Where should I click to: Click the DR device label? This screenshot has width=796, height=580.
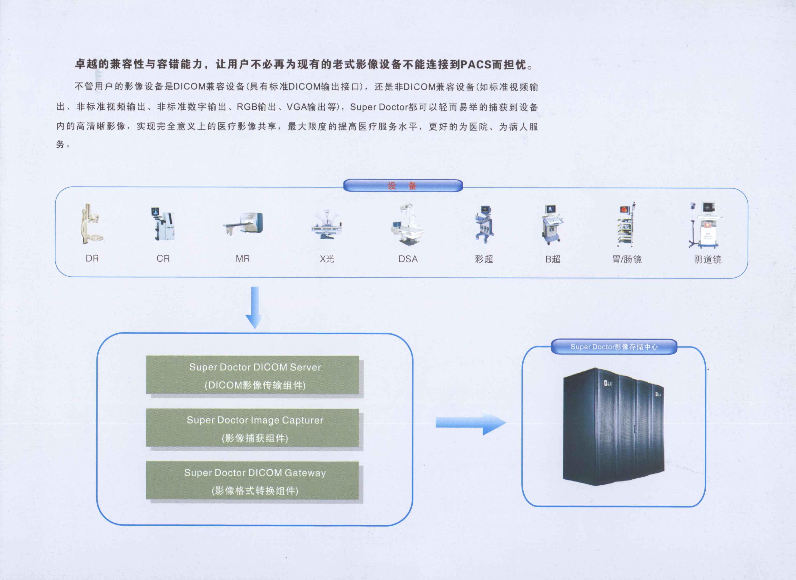(x=92, y=258)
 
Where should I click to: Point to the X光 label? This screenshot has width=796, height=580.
(x=326, y=259)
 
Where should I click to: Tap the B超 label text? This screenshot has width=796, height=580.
(x=553, y=259)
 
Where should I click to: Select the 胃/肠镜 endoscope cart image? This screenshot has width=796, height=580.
(x=626, y=225)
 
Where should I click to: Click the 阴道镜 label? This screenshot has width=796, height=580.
(x=708, y=259)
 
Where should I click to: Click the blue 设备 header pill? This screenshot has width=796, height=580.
(x=403, y=185)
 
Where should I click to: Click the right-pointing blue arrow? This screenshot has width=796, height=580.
(x=470, y=423)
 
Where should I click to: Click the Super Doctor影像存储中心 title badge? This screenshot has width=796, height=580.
(x=614, y=346)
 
